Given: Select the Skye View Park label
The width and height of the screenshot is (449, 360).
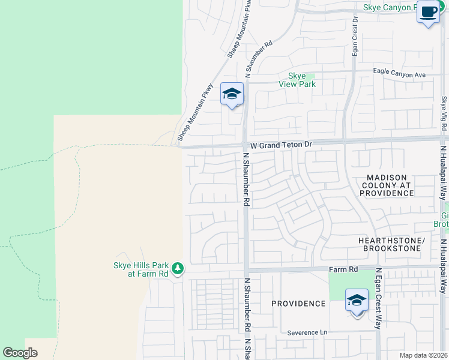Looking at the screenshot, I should [297, 80].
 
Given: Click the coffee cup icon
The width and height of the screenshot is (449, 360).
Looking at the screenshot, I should [428, 13].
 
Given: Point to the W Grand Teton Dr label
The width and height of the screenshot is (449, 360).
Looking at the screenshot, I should [282, 145].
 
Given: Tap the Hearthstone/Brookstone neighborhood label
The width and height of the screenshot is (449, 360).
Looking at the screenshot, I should [391, 244].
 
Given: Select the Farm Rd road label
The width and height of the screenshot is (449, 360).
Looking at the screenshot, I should [343, 270].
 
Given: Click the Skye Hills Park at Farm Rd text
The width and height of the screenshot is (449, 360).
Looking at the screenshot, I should [140, 269].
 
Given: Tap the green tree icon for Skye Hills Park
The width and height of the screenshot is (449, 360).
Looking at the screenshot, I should [177, 268].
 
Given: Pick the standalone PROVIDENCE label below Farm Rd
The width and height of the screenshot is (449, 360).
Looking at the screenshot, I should [298, 304].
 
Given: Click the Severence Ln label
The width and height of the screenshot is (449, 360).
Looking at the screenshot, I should [307, 332].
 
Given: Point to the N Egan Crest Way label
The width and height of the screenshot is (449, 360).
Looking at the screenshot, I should [378, 298].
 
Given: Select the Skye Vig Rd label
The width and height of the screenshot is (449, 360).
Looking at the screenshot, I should [444, 111].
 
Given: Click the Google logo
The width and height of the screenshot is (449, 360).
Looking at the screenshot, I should [20, 353].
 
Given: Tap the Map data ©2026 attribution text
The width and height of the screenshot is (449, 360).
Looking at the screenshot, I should [423, 355].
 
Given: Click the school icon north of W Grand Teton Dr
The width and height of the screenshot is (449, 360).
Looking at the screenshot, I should [232, 94].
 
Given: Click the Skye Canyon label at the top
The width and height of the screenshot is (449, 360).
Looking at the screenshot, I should [390, 7].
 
